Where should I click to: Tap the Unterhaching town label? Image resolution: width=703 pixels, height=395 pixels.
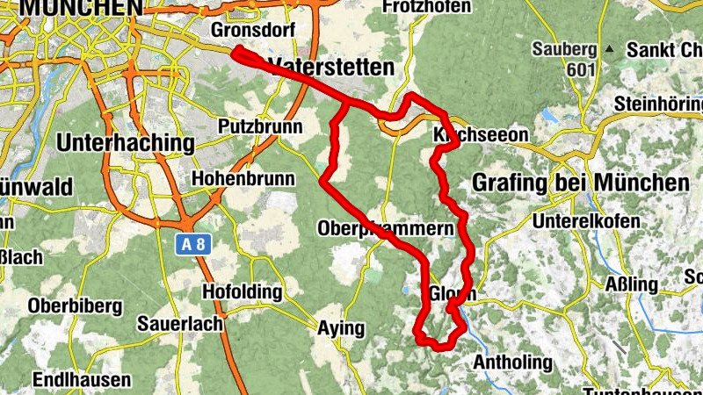pyautogui.click(x=124, y=142)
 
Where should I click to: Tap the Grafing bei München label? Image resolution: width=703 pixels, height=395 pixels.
pyautogui.click(x=580, y=183)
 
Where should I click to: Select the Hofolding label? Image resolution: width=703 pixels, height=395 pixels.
pyautogui.click(x=243, y=291)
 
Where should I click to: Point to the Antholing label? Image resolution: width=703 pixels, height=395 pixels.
pyautogui.click(x=513, y=362)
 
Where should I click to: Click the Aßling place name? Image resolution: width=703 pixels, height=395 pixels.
pyautogui.click(x=632, y=284)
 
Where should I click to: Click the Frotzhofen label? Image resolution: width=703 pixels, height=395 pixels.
pyautogui.click(x=428, y=7)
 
